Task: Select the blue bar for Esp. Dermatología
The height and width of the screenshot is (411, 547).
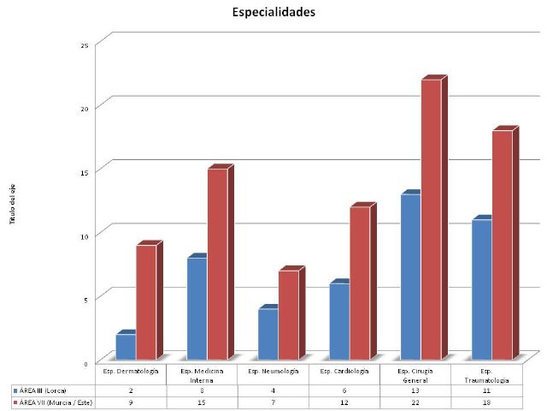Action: click(126, 346)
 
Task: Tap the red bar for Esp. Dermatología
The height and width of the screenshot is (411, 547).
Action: click(146, 301)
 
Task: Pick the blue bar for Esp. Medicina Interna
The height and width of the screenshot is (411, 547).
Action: click(197, 308)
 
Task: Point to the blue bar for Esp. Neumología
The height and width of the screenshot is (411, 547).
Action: click(268, 334)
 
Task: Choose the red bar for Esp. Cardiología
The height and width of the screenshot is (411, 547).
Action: click(360, 283)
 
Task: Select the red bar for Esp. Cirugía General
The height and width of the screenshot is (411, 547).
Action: click(431, 219)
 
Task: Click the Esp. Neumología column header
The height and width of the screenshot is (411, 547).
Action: click(273, 371)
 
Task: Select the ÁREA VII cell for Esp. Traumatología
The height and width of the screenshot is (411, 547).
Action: click(486, 402)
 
